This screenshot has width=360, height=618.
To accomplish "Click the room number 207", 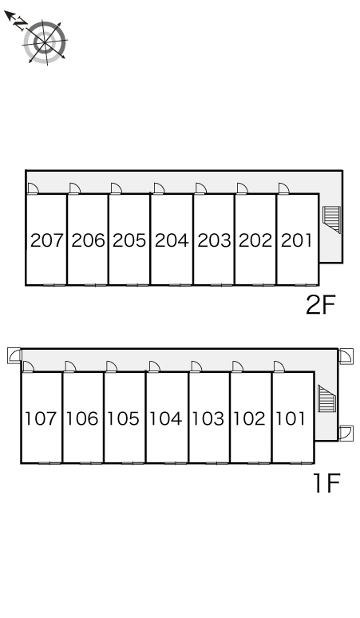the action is coord(47,240).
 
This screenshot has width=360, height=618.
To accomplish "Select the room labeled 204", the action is coord(172,240).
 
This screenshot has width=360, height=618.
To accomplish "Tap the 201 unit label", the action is coord(296,240).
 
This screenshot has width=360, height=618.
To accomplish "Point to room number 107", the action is coord(41,418).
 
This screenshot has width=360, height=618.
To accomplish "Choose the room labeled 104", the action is coord(166,418).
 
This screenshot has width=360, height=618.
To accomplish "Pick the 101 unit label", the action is coord(291,418).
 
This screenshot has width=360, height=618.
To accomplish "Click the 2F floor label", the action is coord(320,305).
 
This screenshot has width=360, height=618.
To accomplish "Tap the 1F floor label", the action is coord(326,483).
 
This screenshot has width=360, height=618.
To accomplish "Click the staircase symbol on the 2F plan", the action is coord(331,220).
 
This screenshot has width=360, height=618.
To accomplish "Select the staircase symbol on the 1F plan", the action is coord(327,399).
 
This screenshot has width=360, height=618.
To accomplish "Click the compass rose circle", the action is coord(45,42).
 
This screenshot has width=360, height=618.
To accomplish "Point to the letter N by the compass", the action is coord(20,24).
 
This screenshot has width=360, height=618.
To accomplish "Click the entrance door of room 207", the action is coord(32,188).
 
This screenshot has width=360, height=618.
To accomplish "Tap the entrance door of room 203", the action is coord(200,188).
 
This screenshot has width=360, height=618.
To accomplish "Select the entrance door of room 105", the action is coord(112,367).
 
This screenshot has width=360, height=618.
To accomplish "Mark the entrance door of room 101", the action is coord(279,367).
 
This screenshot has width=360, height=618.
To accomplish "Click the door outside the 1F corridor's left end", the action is coord(14,355).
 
